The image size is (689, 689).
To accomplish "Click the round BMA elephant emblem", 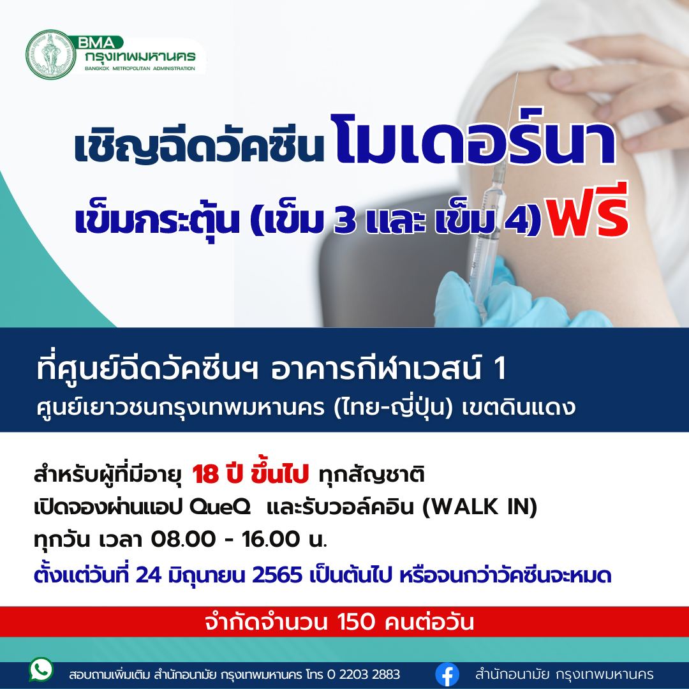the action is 51,55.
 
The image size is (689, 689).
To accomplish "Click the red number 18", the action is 205,475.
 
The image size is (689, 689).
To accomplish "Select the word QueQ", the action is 219,507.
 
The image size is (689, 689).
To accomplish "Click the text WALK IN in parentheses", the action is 479,507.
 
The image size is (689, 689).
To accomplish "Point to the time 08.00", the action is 183,539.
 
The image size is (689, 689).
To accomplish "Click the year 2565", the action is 277,575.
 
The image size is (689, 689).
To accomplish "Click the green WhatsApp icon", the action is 41,670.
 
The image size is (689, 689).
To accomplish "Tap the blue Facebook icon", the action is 447,674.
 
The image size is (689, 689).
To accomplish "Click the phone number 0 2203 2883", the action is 364,674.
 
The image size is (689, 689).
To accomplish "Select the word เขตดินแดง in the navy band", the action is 519,408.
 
